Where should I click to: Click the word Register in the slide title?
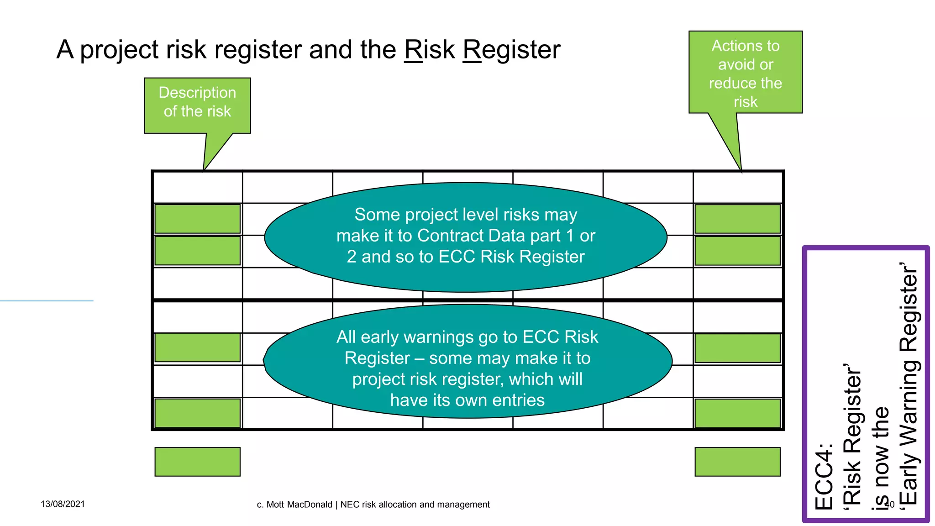511,50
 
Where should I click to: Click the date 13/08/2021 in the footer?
63,504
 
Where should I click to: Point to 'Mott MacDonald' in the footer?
299,505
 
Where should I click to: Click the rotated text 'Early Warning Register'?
909,384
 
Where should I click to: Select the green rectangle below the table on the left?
197,462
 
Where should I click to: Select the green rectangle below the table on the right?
737,462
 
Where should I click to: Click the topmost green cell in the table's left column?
197,219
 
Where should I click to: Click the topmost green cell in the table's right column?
737,219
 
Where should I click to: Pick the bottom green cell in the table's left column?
197,413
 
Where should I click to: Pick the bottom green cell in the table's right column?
737,413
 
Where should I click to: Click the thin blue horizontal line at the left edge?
46,301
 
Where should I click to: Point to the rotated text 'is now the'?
881,457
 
